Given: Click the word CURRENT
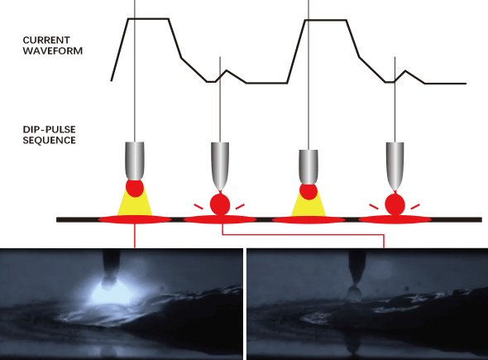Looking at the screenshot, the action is [x=46, y=41].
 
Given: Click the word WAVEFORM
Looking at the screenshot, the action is [x=53, y=50].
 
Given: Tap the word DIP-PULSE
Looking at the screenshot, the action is [x=49, y=130].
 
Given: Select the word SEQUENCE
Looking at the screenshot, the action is [x=49, y=140].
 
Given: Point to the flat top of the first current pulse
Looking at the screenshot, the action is [x=148, y=19].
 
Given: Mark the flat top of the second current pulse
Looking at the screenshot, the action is [x=326, y=20].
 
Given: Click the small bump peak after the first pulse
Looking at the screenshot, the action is [x=227, y=70].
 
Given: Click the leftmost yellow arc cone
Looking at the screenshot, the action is [x=135, y=203].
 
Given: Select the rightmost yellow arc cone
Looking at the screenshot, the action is [x=309, y=204].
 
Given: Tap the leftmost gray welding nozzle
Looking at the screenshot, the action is [x=135, y=161].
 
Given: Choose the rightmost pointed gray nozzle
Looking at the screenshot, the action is [x=395, y=166].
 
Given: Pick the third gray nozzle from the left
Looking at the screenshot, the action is [x=309, y=166].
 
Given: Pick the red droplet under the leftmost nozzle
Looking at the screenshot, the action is [x=135, y=188].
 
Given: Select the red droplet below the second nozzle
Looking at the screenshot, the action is [x=220, y=204].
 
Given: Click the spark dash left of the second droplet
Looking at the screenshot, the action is [x=199, y=206].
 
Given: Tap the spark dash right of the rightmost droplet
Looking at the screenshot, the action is [x=415, y=206].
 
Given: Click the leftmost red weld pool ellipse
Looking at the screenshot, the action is [x=135, y=219].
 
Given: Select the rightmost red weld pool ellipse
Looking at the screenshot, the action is [x=395, y=219].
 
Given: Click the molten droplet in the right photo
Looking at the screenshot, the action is [x=354, y=293].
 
